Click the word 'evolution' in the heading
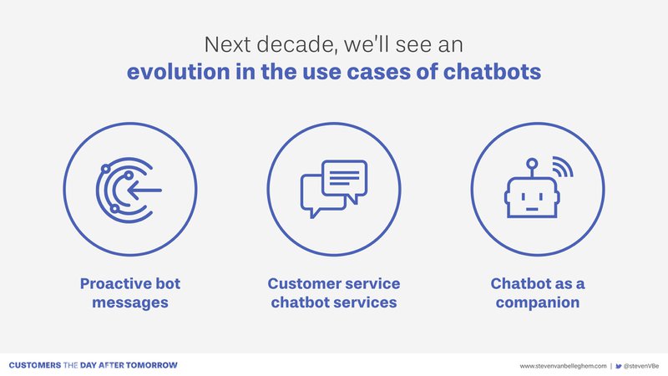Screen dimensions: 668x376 (178, 71)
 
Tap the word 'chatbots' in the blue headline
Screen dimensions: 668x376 (492, 71)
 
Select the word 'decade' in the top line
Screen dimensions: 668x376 (297, 45)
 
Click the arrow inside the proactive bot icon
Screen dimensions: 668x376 (144, 191)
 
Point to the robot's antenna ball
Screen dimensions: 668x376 (532, 163)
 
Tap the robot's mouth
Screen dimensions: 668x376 (532, 209)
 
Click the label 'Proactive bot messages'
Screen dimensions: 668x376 (130, 293)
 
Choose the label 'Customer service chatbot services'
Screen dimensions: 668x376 (333, 293)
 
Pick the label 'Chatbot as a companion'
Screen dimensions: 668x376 (537, 293)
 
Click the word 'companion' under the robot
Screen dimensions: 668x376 (537, 302)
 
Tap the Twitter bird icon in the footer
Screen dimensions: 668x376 (619, 366)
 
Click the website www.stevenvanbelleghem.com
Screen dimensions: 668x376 (563, 366)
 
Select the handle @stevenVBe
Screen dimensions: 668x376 (641, 366)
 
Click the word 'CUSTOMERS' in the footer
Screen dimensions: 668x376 (35, 365)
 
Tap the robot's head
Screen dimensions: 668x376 (532, 197)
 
